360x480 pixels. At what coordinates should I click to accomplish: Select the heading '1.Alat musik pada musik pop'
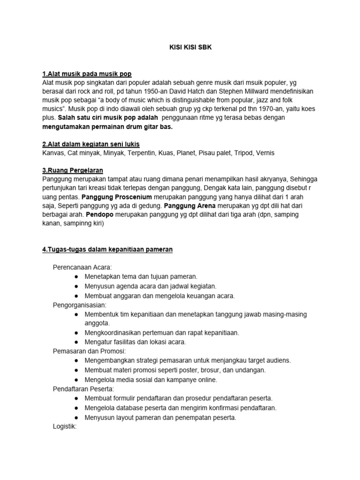click(87, 74)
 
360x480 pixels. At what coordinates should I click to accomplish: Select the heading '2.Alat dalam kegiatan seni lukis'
click(91, 143)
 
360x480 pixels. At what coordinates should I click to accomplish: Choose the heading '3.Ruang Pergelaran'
click(73, 170)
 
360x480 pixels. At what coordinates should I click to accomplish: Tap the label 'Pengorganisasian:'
click(79, 305)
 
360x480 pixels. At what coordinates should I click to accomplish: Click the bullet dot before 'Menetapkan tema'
click(76, 277)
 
